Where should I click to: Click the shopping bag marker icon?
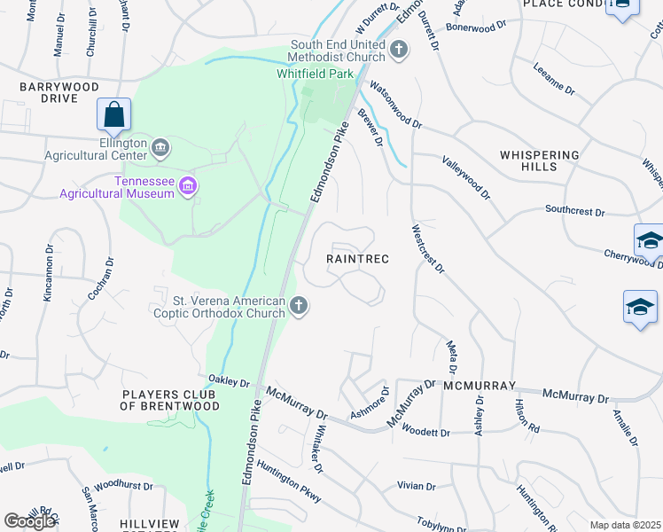113,114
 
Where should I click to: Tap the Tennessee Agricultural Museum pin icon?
187,185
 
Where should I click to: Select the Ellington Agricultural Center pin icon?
160,147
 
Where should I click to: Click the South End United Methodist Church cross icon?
399,48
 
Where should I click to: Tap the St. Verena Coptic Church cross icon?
299,307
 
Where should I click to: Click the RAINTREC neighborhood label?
357,259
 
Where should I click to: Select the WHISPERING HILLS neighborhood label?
539,160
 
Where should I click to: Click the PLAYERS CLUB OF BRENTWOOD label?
170,400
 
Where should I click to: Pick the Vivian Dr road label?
417,486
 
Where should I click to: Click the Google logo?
29,521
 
